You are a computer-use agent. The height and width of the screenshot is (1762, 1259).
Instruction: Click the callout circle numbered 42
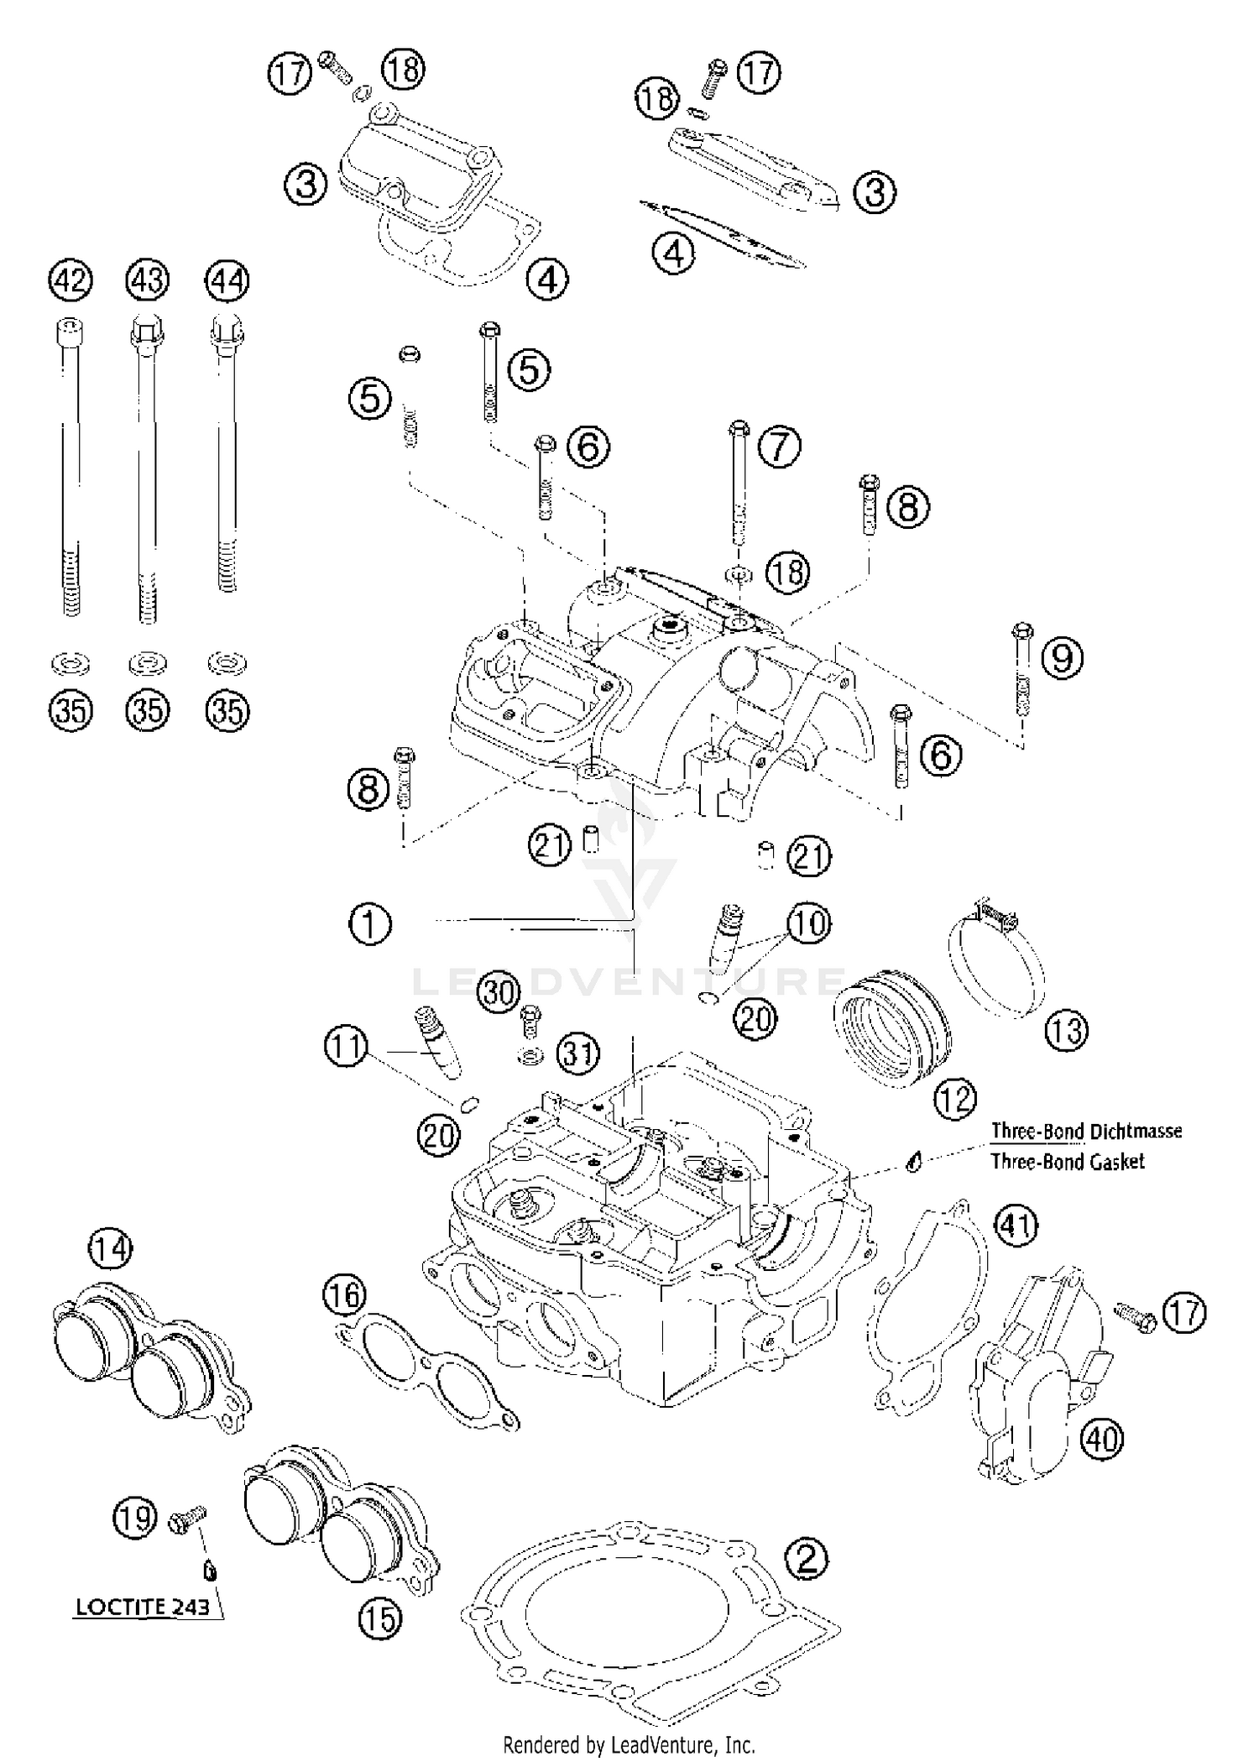click(x=71, y=280)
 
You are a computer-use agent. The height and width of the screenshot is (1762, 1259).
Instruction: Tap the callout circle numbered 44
click(x=227, y=280)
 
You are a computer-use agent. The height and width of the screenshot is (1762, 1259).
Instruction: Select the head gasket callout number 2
click(x=806, y=1559)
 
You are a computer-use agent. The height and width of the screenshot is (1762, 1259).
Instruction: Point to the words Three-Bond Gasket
click(x=1067, y=1162)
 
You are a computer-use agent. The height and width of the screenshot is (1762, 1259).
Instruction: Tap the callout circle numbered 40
click(x=1102, y=1440)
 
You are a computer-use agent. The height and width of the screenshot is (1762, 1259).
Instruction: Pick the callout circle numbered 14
click(x=111, y=1249)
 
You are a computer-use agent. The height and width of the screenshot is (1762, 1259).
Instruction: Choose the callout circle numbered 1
click(x=370, y=925)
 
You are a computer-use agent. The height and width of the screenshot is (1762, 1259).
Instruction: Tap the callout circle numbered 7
click(x=780, y=446)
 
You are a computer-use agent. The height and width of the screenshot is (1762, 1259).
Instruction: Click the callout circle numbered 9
click(x=1062, y=657)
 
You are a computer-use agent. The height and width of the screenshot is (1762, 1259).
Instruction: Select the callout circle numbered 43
click(x=148, y=280)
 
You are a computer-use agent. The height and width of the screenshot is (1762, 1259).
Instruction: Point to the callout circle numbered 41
click(x=1016, y=1226)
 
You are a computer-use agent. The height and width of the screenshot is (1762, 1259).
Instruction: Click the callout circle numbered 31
click(x=577, y=1053)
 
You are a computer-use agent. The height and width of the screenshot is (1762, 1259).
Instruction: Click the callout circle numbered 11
click(x=347, y=1047)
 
